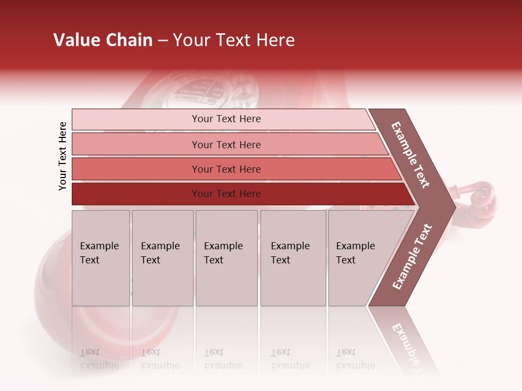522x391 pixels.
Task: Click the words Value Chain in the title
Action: click(103, 40)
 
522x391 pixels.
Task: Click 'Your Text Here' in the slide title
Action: click(234, 40)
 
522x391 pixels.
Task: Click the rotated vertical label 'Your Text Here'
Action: click(63, 156)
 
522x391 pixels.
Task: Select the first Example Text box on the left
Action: click(101, 258)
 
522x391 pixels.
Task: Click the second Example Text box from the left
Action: click(163, 258)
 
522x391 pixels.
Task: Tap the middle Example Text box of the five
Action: click(226, 258)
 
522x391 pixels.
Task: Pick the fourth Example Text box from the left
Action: click(293, 258)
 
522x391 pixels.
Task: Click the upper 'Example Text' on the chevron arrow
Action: click(411, 155)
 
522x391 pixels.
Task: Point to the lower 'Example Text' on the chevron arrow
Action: click(412, 256)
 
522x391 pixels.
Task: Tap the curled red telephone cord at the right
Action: click(481, 198)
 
